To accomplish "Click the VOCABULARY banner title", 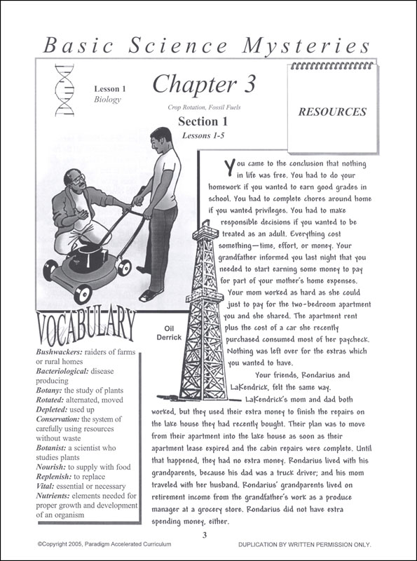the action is point(83,327).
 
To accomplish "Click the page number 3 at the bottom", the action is point(205,536).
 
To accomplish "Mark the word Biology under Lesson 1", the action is point(108,99).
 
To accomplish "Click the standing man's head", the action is point(161,139).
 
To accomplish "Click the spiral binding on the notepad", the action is point(332,65).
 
